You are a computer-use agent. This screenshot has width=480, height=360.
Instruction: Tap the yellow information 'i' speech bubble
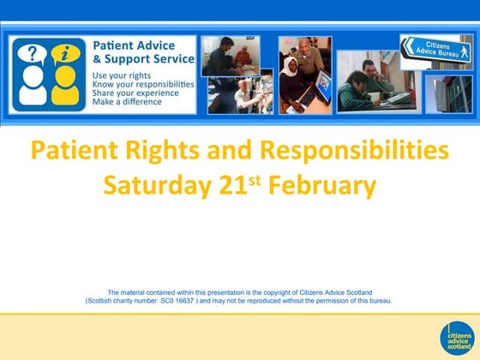[64, 56]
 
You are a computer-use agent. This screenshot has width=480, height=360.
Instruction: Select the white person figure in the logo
[33, 89]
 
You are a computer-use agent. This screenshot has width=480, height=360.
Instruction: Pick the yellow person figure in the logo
[64, 89]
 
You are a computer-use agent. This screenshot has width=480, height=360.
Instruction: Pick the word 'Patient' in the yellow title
[69, 151]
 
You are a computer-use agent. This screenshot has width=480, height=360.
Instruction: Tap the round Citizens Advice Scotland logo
[456, 338]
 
